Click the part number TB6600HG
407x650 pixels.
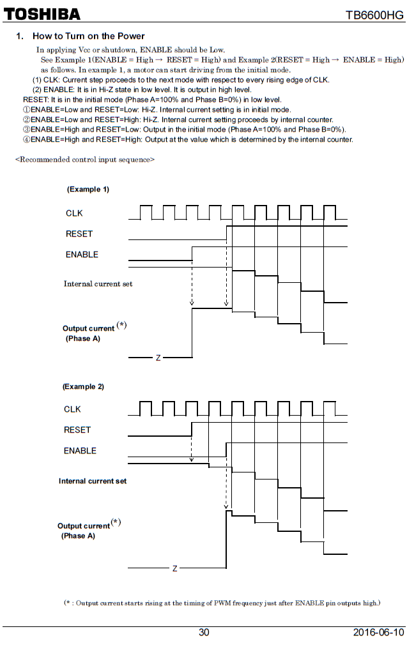[374, 15]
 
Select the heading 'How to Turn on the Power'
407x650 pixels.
[88, 36]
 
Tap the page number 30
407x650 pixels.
[203, 632]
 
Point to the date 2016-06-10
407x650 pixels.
[378, 632]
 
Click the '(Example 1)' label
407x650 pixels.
[88, 190]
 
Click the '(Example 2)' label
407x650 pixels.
[83, 387]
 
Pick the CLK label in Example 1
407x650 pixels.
[74, 213]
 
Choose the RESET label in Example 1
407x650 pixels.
[79, 234]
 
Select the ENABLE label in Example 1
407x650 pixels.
[82, 254]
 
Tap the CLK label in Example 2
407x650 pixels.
[72, 409]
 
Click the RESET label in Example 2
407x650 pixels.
[77, 430]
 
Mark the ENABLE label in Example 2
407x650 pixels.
[80, 451]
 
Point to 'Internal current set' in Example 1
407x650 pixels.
[98, 283]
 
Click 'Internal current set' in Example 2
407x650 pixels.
[93, 481]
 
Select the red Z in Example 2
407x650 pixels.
[174, 568]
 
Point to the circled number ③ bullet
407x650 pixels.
[27, 130]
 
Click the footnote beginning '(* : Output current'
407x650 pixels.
[222, 603]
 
